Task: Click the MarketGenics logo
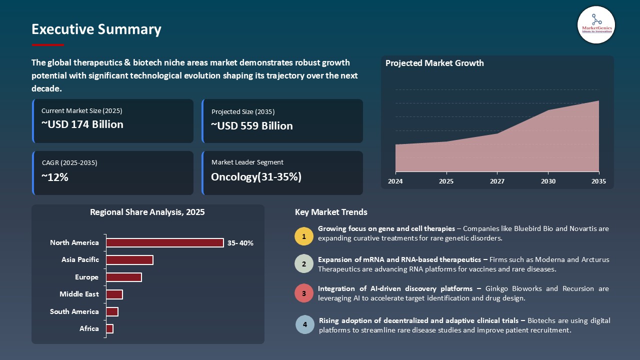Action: click(596, 24)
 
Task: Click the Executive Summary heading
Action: click(96, 29)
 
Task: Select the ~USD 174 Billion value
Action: click(82, 124)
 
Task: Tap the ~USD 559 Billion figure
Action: click(251, 126)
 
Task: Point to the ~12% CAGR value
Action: click(54, 177)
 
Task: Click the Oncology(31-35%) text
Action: click(256, 177)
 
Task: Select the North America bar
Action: click(164, 242)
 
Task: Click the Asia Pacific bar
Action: click(129, 260)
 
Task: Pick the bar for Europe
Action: click(124, 277)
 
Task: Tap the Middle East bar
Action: click(114, 294)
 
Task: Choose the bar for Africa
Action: click(110, 328)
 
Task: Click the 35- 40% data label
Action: click(240, 243)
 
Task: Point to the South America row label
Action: click(74, 311)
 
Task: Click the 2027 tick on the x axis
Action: click(496, 181)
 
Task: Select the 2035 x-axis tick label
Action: click(598, 181)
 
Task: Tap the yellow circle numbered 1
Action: click(304, 236)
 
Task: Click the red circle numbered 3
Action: click(304, 293)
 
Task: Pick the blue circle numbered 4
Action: click(304, 324)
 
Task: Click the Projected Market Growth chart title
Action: click(434, 63)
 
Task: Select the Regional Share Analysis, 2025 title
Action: click(147, 212)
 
